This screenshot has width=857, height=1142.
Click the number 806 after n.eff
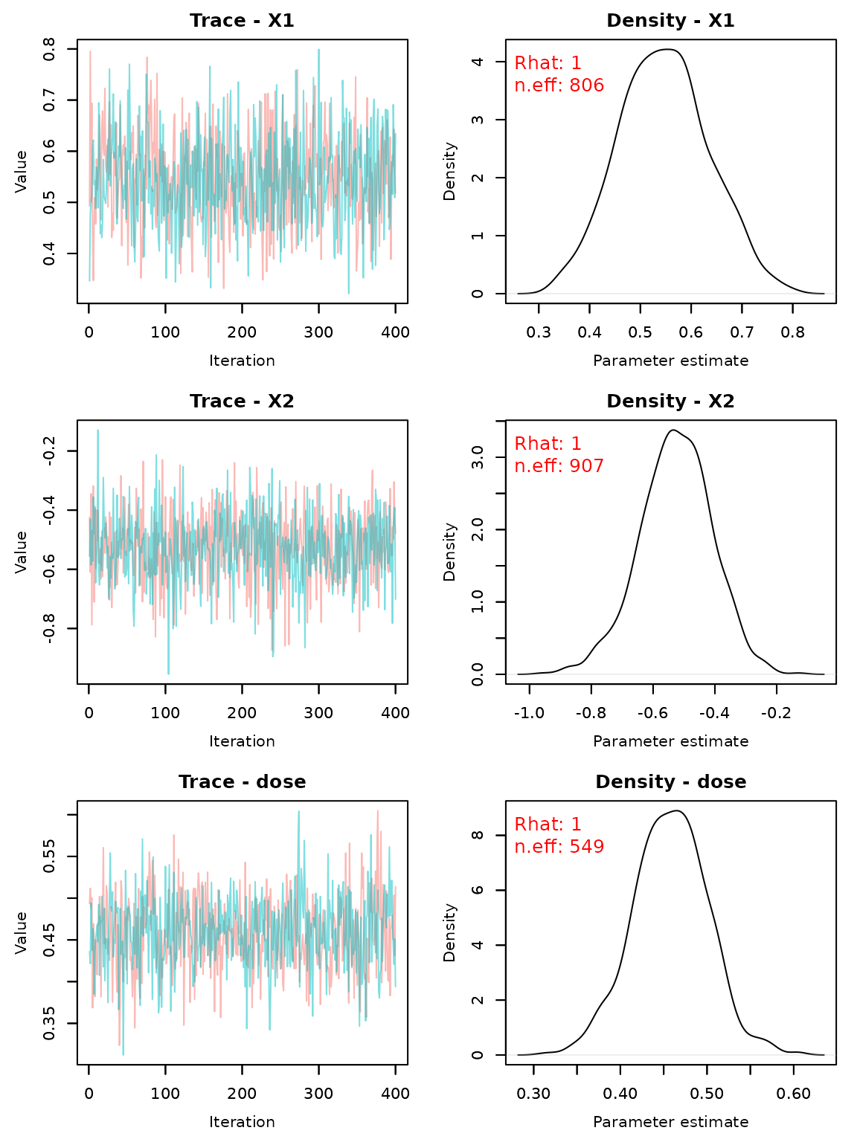586,86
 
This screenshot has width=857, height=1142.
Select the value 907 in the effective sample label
586,467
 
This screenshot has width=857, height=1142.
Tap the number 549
586,848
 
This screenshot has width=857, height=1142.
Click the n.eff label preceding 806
538,86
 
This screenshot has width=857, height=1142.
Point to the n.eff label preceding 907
538,467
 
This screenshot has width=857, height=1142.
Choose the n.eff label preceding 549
538,848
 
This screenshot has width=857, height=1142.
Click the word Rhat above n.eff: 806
538,64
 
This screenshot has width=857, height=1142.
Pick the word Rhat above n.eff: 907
538,445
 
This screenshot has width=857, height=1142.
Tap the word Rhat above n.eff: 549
538,825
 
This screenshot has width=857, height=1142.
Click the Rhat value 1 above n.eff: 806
576,64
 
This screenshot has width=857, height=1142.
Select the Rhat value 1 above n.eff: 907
576,445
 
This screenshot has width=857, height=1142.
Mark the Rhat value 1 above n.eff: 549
576,825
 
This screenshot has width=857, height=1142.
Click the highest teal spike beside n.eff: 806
318,51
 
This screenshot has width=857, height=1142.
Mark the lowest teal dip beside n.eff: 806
348,292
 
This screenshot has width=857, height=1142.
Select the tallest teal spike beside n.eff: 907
97,430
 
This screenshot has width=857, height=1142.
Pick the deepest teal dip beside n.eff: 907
168,673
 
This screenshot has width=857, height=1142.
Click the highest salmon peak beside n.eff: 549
378,812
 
